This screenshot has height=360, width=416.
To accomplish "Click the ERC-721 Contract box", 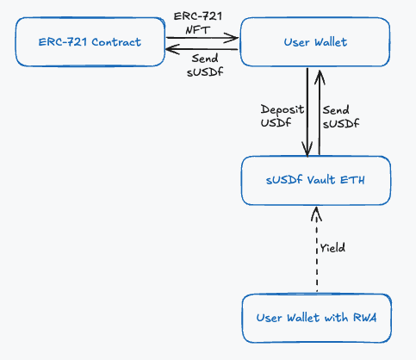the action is click(x=90, y=42).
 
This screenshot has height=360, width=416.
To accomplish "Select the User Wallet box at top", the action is click(x=315, y=42).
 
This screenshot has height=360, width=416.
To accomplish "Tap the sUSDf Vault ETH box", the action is click(x=316, y=180).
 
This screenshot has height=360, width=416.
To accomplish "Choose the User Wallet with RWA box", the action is click(x=317, y=318).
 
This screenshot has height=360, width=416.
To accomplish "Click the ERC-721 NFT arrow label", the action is click(x=198, y=23).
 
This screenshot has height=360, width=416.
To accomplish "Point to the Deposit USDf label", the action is click(x=283, y=116).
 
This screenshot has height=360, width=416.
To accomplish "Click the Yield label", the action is click(x=332, y=247).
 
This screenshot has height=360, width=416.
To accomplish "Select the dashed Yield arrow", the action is click(x=316, y=249).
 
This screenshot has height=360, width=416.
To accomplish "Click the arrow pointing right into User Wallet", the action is click(x=202, y=38).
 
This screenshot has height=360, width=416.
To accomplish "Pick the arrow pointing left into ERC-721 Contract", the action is click(x=202, y=49).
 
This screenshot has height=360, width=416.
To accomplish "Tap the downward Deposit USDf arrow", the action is click(x=307, y=113).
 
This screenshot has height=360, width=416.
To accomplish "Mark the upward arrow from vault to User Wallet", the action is click(x=320, y=112).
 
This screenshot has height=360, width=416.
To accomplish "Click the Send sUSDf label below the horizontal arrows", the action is click(x=205, y=65).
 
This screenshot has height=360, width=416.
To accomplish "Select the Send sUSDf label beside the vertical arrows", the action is click(x=341, y=116).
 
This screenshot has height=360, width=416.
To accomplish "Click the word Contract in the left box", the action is click(x=116, y=42).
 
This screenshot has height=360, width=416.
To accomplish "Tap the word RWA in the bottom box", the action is click(x=364, y=318).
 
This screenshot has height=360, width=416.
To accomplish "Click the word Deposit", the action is click(x=283, y=110).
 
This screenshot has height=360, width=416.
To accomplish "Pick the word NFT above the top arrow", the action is click(x=198, y=29).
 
